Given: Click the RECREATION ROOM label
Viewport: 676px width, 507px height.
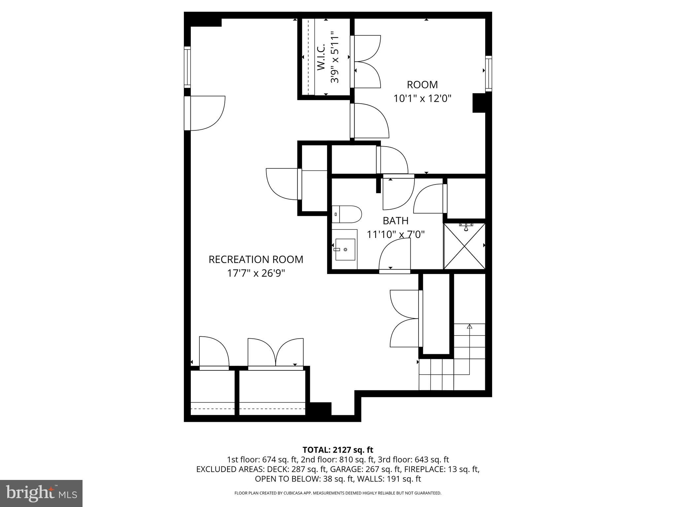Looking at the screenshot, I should click(x=256, y=259).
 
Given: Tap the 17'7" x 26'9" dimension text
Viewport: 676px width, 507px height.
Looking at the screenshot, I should click(x=256, y=273).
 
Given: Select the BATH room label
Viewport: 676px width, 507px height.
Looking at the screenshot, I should click(x=395, y=220).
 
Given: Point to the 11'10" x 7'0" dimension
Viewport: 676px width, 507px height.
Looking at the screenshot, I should click(x=395, y=234).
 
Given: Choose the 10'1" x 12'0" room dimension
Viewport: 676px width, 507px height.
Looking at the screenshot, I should click(x=422, y=98).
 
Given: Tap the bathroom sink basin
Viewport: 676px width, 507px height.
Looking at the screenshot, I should click(x=345, y=250).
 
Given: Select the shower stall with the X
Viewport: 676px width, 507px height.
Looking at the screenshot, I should click(x=464, y=246).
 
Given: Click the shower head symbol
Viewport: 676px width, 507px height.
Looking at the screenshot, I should click(x=466, y=227).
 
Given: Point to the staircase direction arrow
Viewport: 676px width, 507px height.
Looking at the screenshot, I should click(x=469, y=327).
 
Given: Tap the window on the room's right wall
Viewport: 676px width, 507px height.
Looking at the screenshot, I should click(x=489, y=74).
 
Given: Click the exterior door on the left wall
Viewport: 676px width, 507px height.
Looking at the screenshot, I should click(x=187, y=113).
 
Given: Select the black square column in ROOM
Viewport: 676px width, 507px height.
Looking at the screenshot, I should click(x=479, y=103).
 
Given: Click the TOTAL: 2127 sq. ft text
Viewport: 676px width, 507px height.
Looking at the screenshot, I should click(x=338, y=450).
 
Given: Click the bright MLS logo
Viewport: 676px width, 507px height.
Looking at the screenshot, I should click(x=41, y=493).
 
